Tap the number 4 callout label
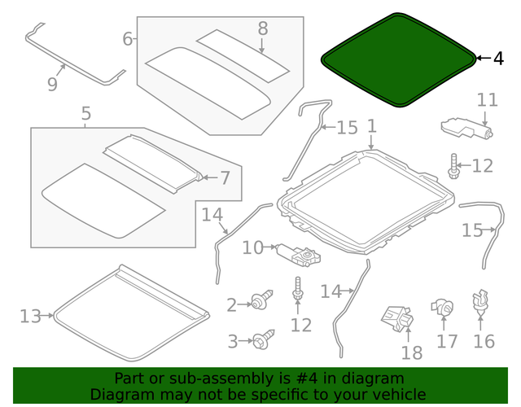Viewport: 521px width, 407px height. coord(498,59)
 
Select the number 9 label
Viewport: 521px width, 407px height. coord(52,84)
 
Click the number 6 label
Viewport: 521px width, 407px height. coord(128,38)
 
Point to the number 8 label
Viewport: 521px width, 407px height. coord(262,28)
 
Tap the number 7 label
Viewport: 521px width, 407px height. coord(225,177)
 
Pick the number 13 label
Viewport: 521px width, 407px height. coord(30,316)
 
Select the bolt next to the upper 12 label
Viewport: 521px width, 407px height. coord(453,166)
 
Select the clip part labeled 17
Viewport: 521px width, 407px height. coord(444,308)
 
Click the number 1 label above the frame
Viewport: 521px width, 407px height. coord(371,126)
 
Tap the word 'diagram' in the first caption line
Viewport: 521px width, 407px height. coord(377,379)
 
